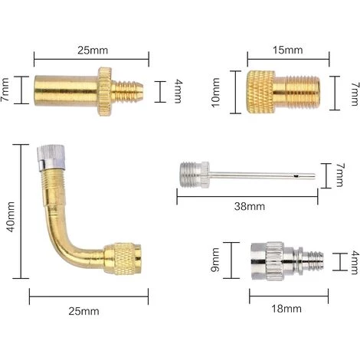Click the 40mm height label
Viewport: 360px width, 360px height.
[x=11, y=217]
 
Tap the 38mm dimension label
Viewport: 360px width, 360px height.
[x=250, y=206]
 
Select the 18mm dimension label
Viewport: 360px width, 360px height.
[x=286, y=309]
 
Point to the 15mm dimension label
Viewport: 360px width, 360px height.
[x=288, y=50]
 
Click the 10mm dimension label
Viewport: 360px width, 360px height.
[x=216, y=93]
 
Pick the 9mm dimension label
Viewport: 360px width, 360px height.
[x=215, y=260]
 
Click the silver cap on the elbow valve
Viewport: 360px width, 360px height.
[x=51, y=157]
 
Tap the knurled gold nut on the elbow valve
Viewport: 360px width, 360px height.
[x=123, y=259]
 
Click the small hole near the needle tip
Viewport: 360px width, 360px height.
[x=296, y=175]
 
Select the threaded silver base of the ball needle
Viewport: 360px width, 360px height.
[x=195, y=175]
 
